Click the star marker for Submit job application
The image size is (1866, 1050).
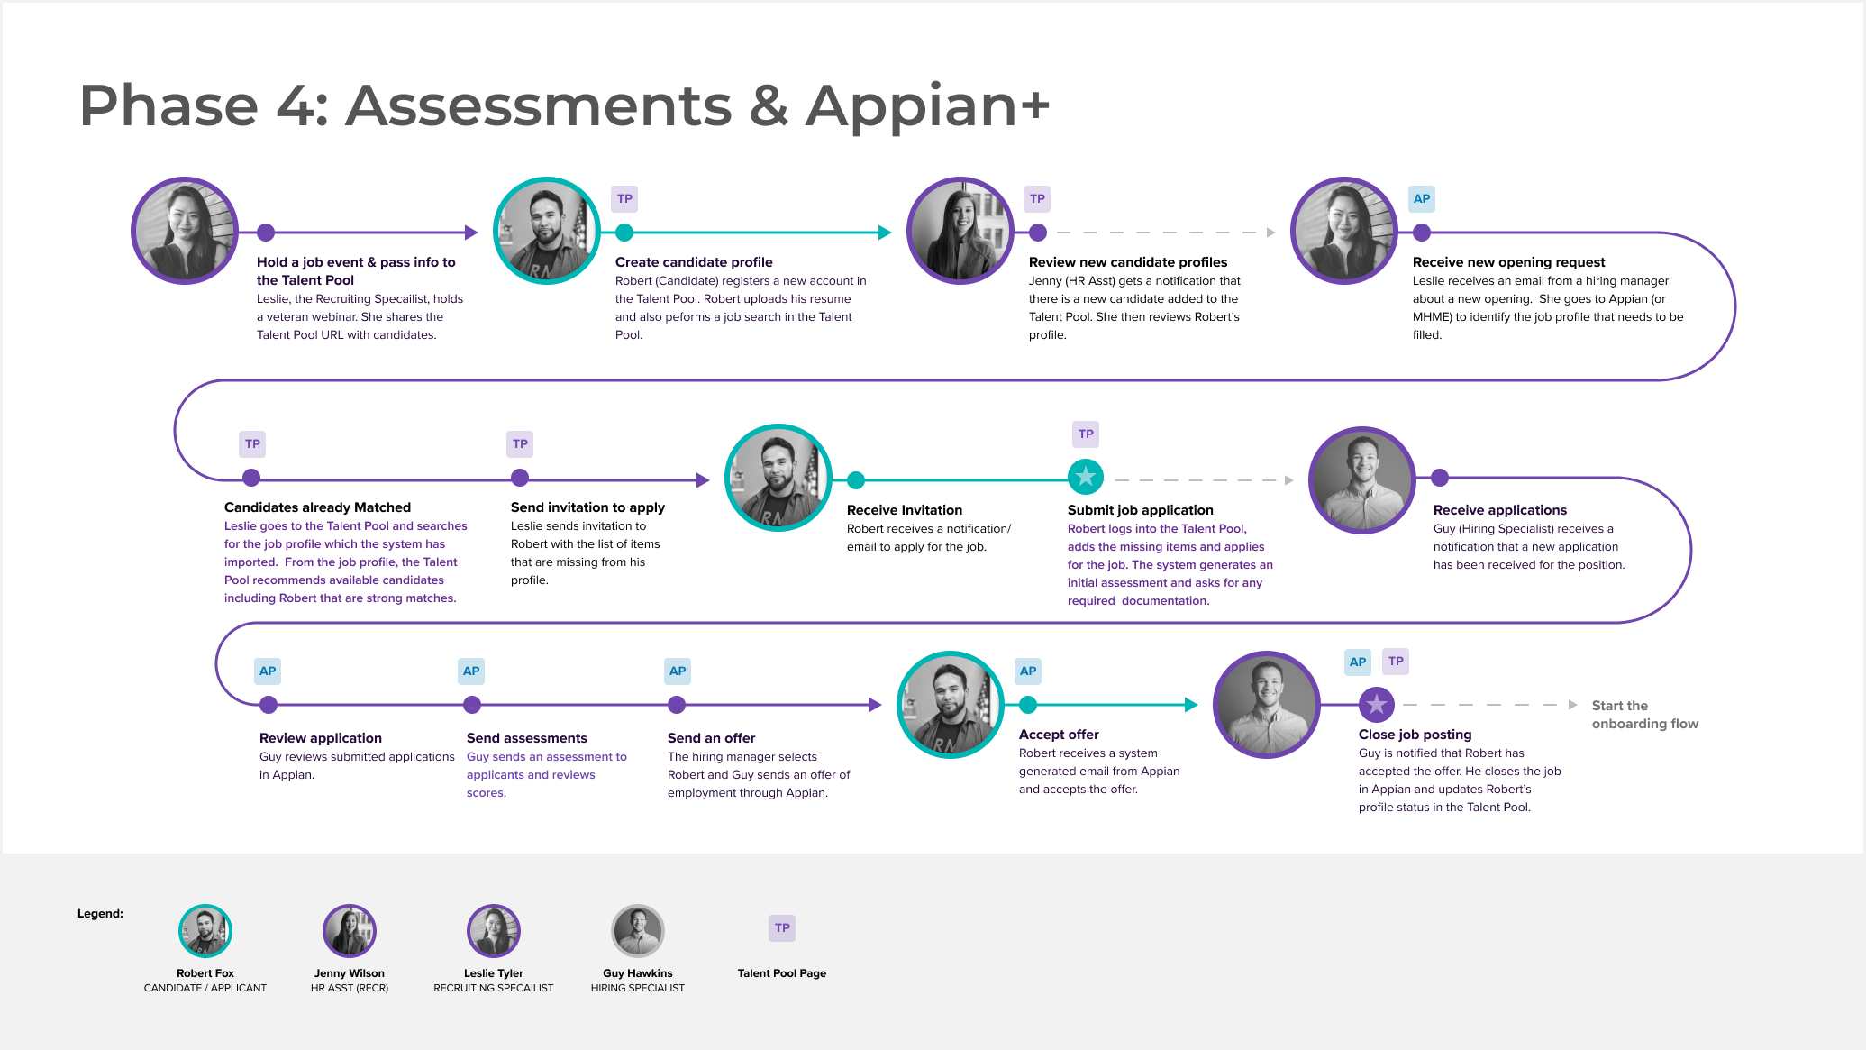click(x=1086, y=477)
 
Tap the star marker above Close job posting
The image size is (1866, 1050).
click(x=1376, y=704)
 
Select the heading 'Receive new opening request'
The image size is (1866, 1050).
click(x=1508, y=262)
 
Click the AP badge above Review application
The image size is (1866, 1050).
click(x=268, y=671)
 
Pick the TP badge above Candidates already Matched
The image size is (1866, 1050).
click(x=252, y=443)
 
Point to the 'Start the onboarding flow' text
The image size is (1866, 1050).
click(x=1644, y=715)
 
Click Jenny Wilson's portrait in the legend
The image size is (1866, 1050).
click(x=350, y=930)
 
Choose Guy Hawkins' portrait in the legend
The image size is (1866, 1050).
click(x=638, y=930)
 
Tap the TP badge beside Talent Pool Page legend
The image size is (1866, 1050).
click(x=782, y=927)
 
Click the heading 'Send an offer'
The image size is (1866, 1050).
click(x=711, y=738)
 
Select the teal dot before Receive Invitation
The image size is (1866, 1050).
click(x=856, y=480)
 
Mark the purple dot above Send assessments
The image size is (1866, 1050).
click(x=472, y=705)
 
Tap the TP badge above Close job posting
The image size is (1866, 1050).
click(x=1396, y=661)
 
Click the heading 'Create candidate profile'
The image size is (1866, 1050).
click(x=694, y=262)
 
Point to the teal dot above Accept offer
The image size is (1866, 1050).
click(x=1028, y=705)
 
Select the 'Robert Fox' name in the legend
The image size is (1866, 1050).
click(x=205, y=973)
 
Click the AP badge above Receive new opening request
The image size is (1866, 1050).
click(x=1422, y=198)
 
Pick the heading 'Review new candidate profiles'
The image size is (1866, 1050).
click(x=1128, y=262)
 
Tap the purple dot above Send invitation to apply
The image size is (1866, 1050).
click(x=520, y=478)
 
